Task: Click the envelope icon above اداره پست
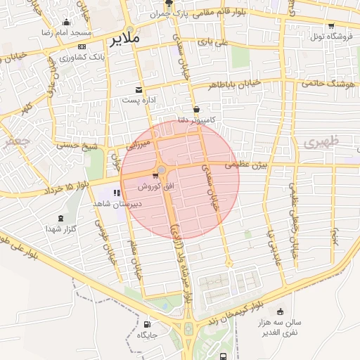139,89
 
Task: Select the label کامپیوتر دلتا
194,120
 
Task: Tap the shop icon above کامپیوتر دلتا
195,109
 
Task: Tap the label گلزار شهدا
60,229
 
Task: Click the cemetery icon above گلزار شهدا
60,217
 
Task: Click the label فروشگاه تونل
330,37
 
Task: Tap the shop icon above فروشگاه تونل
331,26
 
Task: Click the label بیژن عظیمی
247,166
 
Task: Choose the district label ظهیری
322,142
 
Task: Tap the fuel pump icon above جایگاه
146,324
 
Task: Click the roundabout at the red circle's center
162,169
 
